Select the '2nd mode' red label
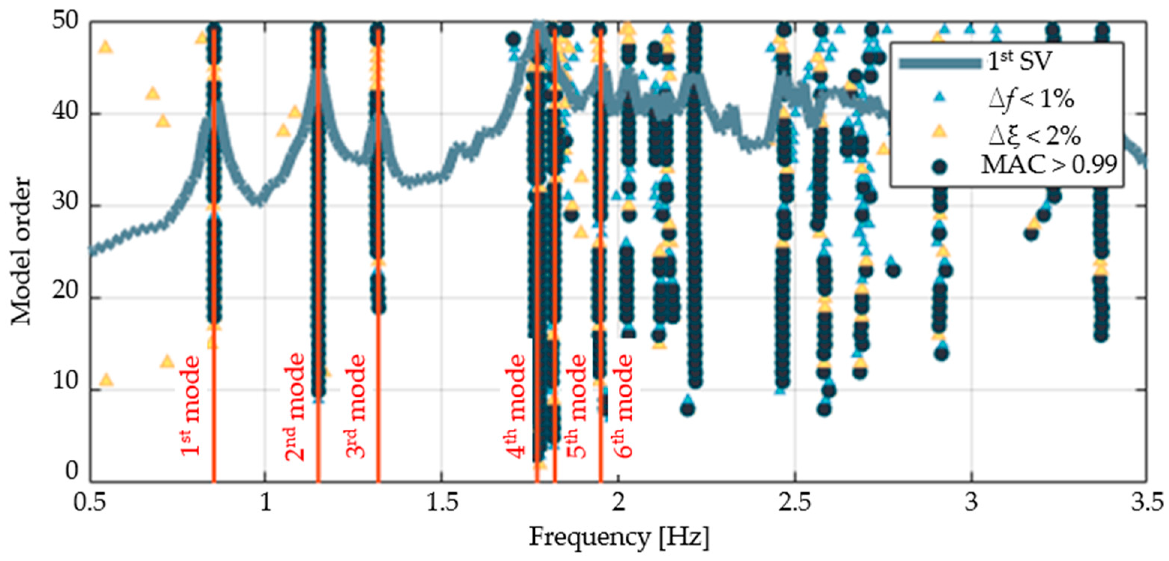(295, 406)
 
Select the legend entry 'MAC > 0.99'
(1048, 165)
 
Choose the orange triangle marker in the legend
(939, 132)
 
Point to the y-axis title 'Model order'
(21, 251)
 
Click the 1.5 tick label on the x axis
(441, 503)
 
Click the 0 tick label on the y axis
(72, 472)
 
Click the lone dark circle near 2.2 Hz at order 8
(688, 409)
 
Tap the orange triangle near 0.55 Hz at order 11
(106, 379)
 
